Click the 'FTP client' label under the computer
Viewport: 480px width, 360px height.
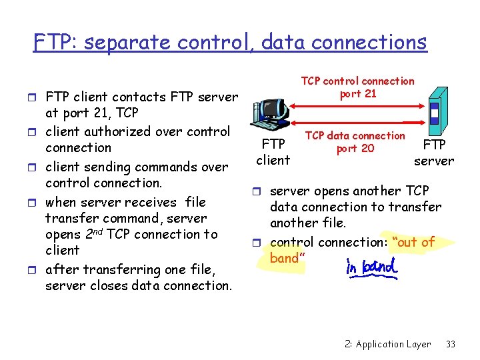(x=273, y=151)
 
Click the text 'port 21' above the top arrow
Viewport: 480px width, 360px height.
(x=358, y=93)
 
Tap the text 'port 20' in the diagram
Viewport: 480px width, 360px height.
(x=355, y=148)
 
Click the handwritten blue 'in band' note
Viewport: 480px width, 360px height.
(x=371, y=267)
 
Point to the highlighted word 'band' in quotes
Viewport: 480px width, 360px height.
(x=285, y=258)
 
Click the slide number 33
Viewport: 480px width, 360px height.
(x=451, y=344)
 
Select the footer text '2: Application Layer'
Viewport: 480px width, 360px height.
(x=388, y=344)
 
